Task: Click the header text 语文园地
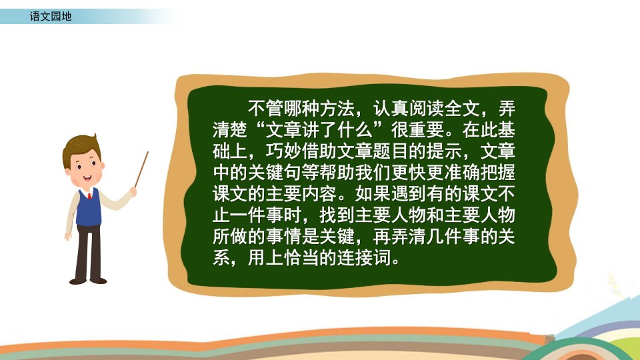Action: (x=51, y=16)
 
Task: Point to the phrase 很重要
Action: (x=417, y=130)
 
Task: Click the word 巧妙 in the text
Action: (x=284, y=151)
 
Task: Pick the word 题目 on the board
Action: (x=409, y=151)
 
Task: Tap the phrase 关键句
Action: (x=275, y=172)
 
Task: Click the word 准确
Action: (x=462, y=172)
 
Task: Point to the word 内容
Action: (x=319, y=193)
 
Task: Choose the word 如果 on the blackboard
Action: (x=373, y=193)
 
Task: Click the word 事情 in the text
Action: (x=284, y=236)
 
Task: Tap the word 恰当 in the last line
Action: (x=301, y=257)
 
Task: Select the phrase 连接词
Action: (x=364, y=257)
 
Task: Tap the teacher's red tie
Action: (x=89, y=196)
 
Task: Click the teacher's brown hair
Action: (x=81, y=146)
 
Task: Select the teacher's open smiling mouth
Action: (x=87, y=178)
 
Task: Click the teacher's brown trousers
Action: (x=88, y=251)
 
